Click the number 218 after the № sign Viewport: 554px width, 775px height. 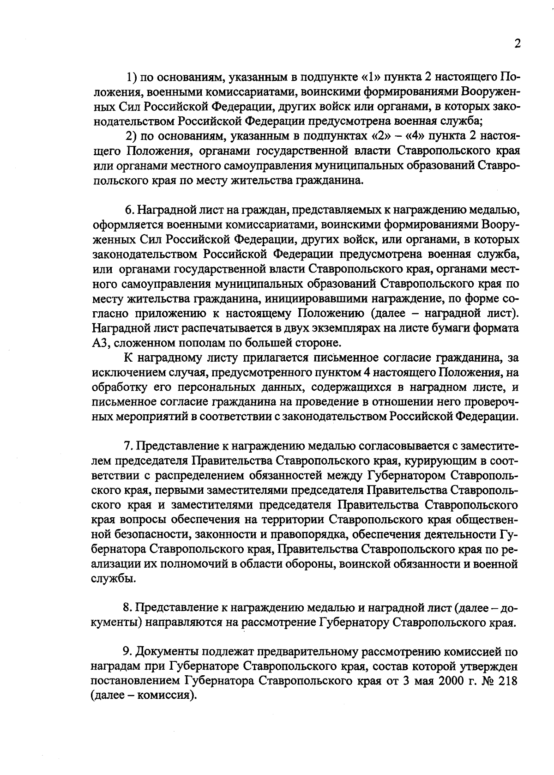506,681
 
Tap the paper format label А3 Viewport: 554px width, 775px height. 100,344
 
